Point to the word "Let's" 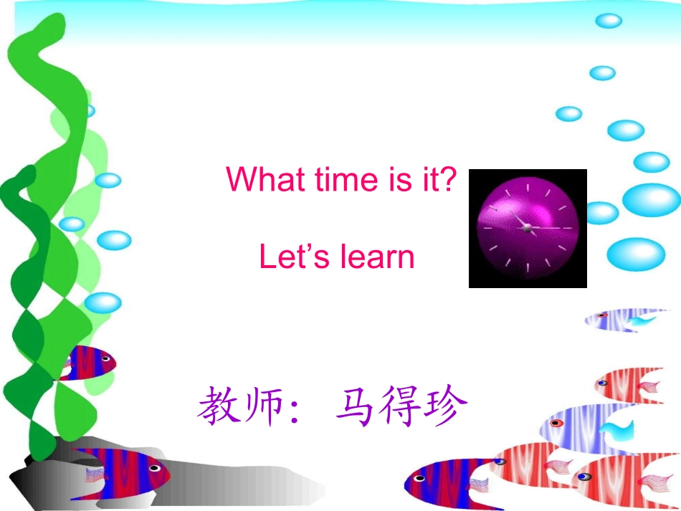click(x=287, y=257)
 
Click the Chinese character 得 click(x=401, y=407)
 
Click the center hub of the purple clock click(x=527, y=227)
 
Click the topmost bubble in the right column click(x=608, y=21)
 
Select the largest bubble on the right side click(x=651, y=199)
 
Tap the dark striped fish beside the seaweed click(x=86, y=362)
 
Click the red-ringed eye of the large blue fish click(x=555, y=423)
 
